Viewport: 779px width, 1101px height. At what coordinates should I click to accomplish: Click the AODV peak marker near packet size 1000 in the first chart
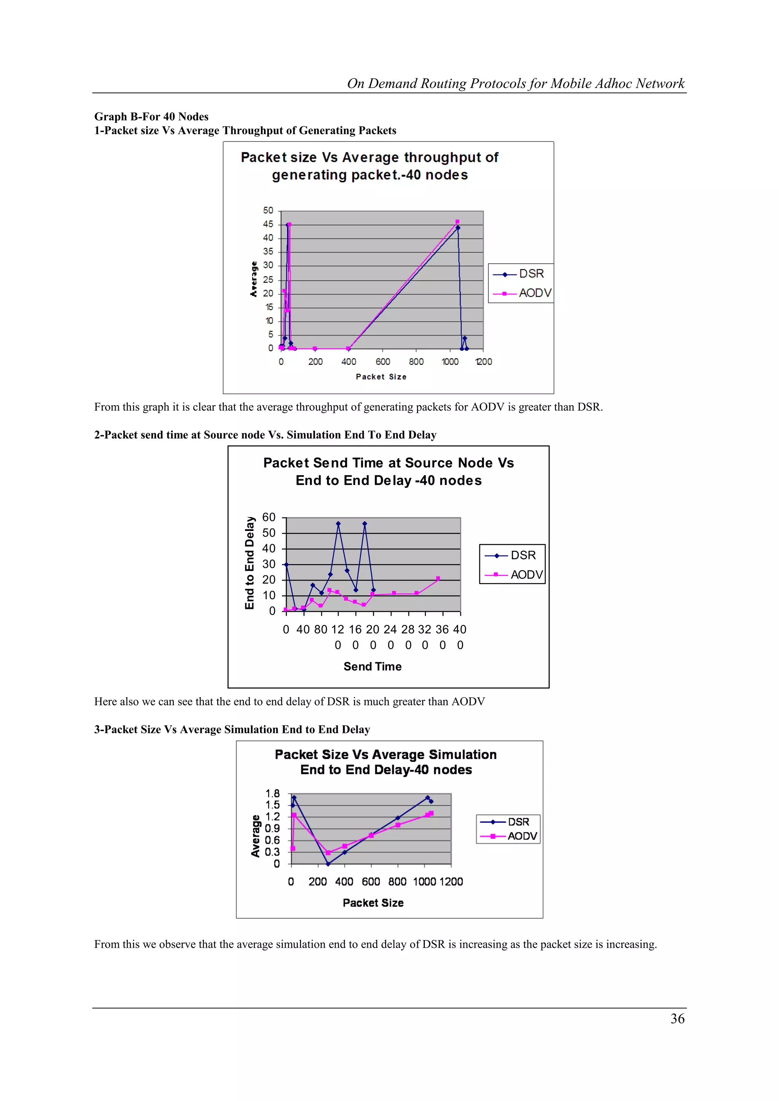point(457,222)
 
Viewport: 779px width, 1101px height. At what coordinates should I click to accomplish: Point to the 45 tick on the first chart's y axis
point(268,224)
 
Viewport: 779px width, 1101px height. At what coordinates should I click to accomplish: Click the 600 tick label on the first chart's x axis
point(382,362)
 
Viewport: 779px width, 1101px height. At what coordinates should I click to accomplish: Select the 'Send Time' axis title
point(372,667)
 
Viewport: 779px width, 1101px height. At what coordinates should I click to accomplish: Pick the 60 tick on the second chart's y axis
point(269,517)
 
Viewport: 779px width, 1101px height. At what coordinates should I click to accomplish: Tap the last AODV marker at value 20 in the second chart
point(438,578)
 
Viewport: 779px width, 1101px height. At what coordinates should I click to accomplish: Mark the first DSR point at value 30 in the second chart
point(286,564)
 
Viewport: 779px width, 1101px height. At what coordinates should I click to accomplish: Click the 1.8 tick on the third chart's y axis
point(272,794)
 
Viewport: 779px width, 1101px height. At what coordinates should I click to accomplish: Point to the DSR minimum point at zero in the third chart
point(328,864)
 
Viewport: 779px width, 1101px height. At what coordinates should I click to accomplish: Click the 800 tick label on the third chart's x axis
point(397,882)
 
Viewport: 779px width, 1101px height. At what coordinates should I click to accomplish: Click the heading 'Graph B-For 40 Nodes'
point(151,116)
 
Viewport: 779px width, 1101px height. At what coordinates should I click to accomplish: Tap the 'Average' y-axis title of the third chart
point(256,836)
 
